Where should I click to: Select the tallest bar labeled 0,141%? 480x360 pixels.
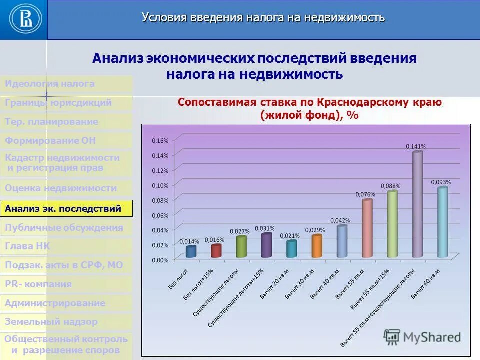(418, 205)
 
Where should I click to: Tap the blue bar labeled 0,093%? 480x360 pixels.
(443, 222)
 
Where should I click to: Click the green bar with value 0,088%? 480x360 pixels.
(392, 224)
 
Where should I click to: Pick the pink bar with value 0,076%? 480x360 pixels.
(367, 228)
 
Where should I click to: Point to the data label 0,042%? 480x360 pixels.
(340, 220)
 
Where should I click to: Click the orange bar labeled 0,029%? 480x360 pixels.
(317, 246)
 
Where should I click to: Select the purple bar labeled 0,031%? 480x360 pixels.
(266, 245)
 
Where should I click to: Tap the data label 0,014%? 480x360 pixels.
(189, 241)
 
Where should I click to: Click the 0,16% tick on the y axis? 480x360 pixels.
(160, 140)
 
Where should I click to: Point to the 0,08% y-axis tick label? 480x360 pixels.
(160, 200)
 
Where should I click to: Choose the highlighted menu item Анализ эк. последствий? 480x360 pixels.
(66, 208)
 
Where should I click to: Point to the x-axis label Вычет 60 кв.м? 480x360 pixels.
(426, 283)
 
